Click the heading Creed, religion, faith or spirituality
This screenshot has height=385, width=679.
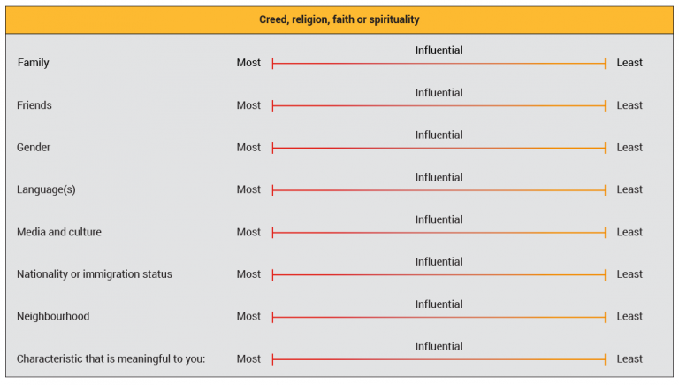click(339, 19)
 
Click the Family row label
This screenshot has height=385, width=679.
click(33, 63)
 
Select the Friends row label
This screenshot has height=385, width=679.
click(34, 105)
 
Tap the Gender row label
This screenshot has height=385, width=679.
click(34, 148)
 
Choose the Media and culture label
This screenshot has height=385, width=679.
click(59, 232)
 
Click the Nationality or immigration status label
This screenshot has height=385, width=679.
click(95, 274)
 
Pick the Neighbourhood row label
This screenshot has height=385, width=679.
click(53, 316)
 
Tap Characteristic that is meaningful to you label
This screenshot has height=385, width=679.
click(111, 358)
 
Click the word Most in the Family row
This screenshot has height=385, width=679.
click(248, 63)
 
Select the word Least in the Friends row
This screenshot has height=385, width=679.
click(629, 105)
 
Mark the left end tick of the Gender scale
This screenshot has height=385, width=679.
click(273, 148)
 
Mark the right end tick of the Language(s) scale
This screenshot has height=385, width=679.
click(605, 189)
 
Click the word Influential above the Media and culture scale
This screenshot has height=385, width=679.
click(439, 219)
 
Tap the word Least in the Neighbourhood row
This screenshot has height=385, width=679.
click(629, 316)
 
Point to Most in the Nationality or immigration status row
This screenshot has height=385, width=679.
click(248, 274)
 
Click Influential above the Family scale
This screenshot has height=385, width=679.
click(439, 50)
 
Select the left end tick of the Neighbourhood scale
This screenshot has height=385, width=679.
click(273, 316)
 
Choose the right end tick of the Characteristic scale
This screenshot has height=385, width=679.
click(605, 358)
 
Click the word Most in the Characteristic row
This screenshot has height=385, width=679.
click(248, 358)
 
